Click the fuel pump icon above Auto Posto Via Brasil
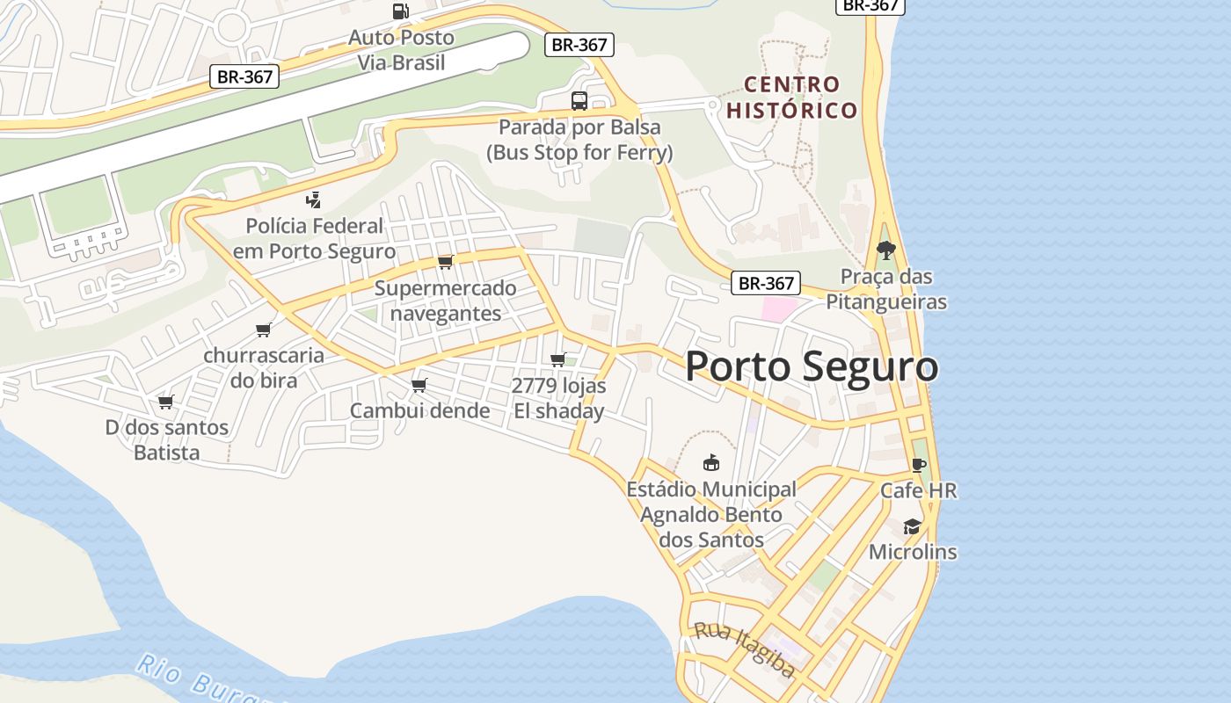(x=401, y=11)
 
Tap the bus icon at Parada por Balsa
(x=579, y=101)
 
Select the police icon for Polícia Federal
(x=313, y=200)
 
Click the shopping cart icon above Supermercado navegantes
(x=445, y=263)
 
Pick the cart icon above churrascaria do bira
(x=263, y=330)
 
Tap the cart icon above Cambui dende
(x=419, y=386)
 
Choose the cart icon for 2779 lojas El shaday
(x=557, y=360)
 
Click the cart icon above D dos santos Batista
(x=165, y=402)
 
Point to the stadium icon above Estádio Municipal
(x=710, y=462)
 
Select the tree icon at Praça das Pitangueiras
(x=885, y=250)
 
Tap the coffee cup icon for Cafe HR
(x=918, y=465)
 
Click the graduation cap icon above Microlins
(x=912, y=526)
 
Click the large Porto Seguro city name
(x=811, y=366)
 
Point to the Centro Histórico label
(x=792, y=98)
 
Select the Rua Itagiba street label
(x=745, y=650)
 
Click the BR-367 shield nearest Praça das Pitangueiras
(x=766, y=283)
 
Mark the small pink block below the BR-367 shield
(x=779, y=309)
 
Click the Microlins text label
(x=913, y=553)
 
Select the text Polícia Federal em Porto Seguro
(x=314, y=238)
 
